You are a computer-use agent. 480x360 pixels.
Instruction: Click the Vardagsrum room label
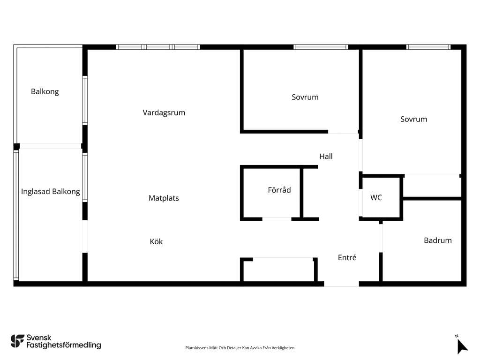point(164,112)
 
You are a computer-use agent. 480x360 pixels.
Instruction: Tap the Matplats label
point(164,198)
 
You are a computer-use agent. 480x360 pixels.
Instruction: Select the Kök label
point(156,241)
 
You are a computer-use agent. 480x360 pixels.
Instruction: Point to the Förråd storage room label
point(279,190)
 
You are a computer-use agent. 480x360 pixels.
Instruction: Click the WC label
point(376,197)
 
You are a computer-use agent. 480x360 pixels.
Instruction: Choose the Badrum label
point(438,240)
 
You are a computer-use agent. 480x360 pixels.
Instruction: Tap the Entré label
point(347,257)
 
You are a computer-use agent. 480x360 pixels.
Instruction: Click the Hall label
point(326,157)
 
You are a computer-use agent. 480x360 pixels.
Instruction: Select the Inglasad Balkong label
point(51,192)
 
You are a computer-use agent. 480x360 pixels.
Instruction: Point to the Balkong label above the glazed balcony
point(45,91)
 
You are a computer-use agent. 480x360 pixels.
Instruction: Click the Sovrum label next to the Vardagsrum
point(305,97)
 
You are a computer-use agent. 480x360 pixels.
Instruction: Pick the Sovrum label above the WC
point(414,119)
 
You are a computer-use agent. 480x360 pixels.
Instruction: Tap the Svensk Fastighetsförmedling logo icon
point(17,341)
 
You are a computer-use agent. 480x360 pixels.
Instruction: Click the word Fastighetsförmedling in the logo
point(64,345)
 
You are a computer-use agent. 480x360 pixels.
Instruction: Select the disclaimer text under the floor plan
point(240,348)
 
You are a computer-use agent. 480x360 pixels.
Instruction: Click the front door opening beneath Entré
point(342,284)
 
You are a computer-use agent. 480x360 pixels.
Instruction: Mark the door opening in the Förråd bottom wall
point(277,219)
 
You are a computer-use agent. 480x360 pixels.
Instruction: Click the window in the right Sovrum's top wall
point(428,47)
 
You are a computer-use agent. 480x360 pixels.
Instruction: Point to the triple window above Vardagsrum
point(158,47)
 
